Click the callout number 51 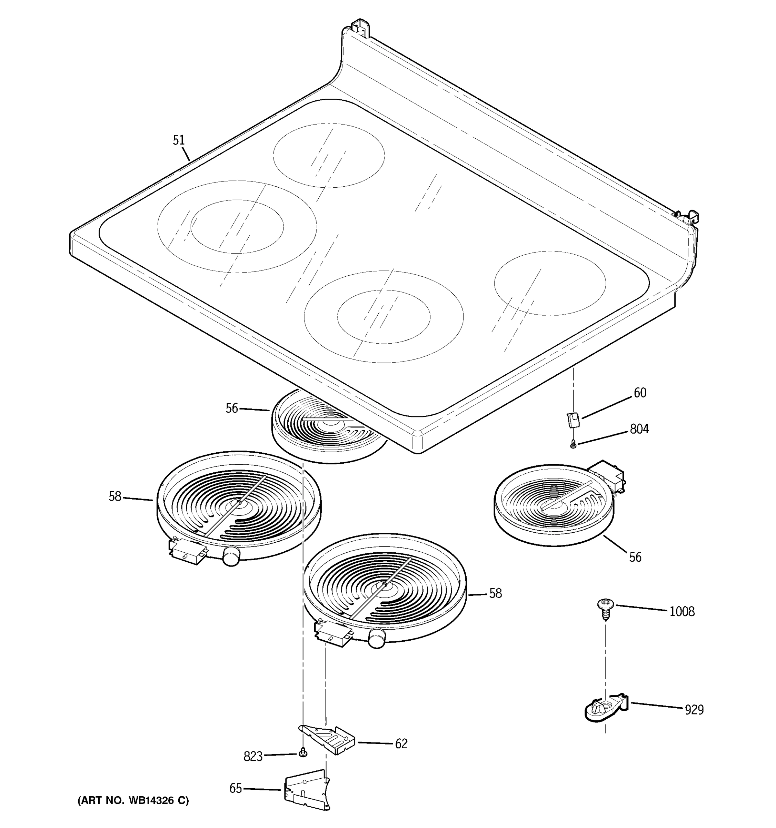click(179, 140)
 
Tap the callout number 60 click(640, 393)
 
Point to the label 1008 click(682, 611)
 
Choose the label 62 click(401, 744)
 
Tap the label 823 click(253, 756)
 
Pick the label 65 click(236, 788)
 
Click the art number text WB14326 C click(133, 800)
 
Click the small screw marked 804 click(573, 445)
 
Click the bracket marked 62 click(329, 740)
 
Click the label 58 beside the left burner click(115, 496)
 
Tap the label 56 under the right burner click(635, 557)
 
